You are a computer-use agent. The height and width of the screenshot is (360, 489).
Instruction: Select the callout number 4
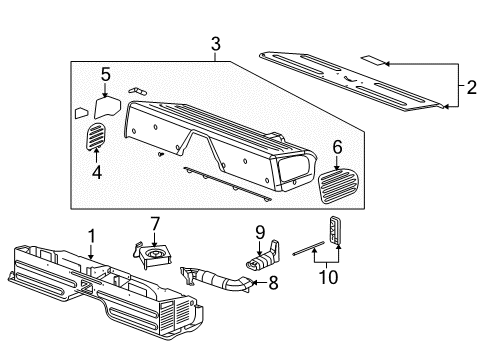pos(97,172)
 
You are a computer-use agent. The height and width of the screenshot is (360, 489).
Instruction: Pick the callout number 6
pos(337,147)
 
